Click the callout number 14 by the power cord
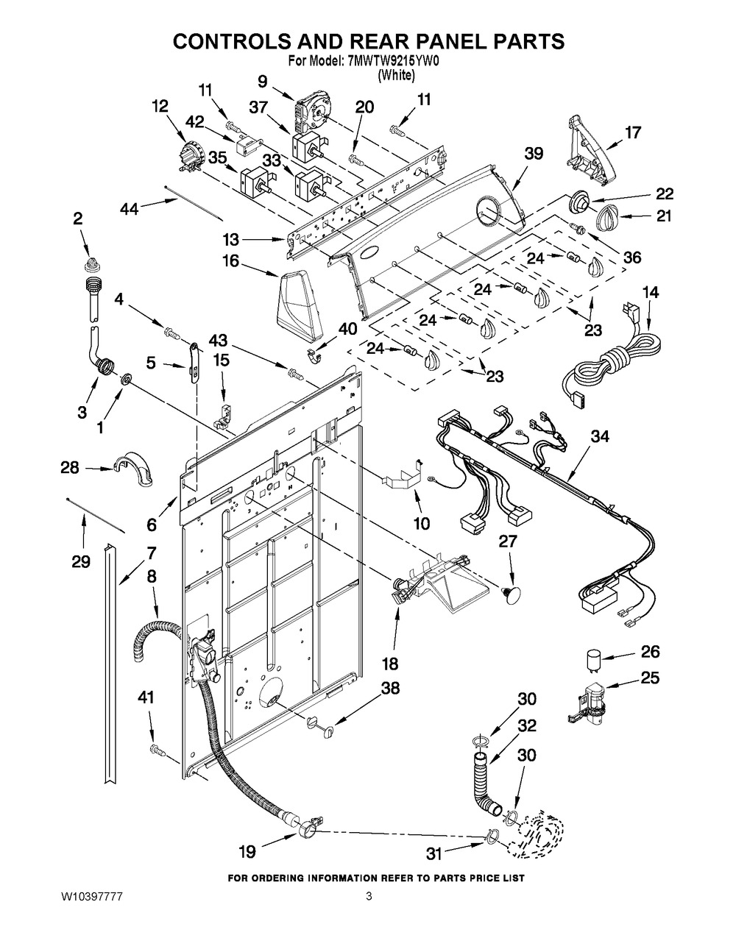pos(650,293)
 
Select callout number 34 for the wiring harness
pos(600,437)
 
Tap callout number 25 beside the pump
pos(650,678)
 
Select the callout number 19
pos(247,852)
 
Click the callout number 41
pos(146,697)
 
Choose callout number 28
pos(70,467)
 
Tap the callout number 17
pos(633,132)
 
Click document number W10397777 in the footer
pos(91,897)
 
